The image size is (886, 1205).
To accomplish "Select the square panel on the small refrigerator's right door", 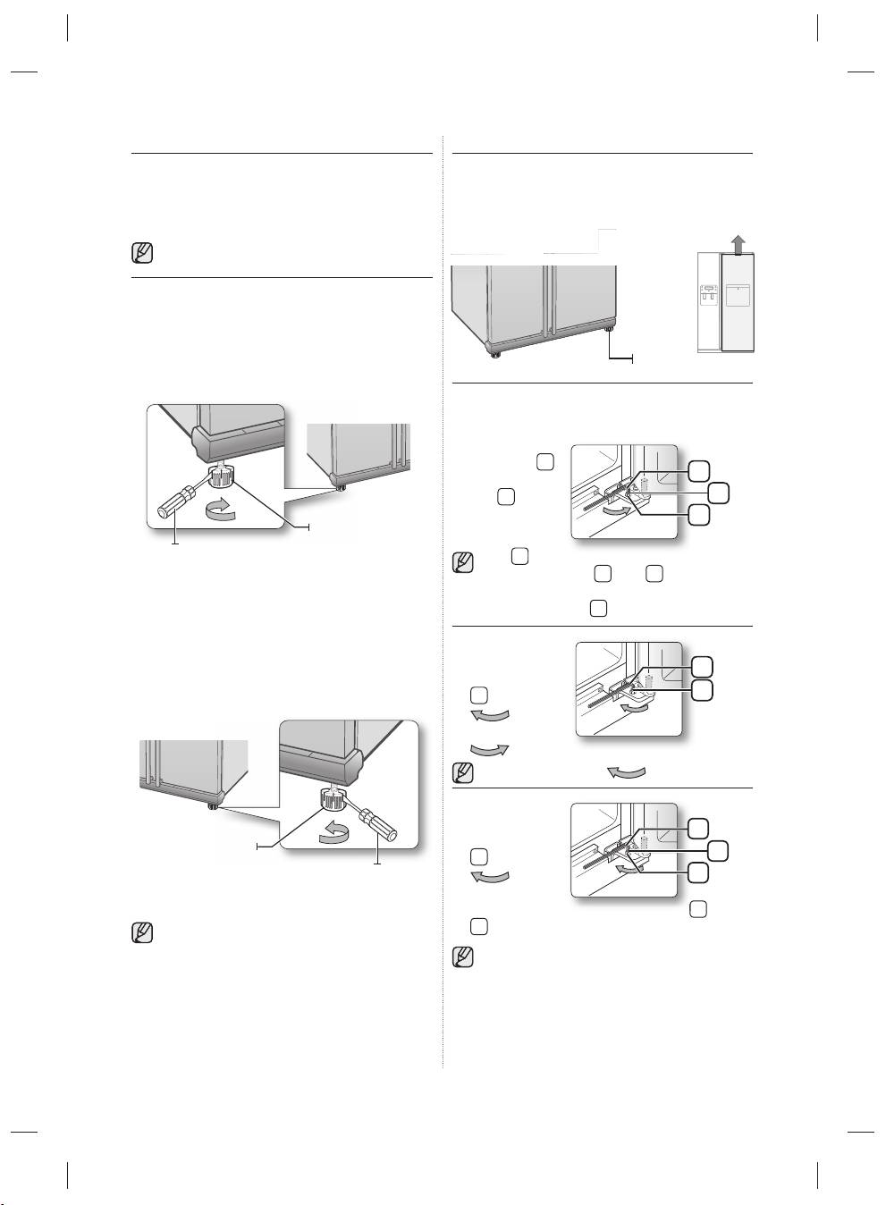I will click(738, 296).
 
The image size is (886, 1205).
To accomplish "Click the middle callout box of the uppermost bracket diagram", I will click(715, 492).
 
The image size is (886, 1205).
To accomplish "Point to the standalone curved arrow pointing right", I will click(490, 747).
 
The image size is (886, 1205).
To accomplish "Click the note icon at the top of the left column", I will click(141, 253).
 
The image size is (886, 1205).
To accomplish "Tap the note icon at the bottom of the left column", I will click(141, 933).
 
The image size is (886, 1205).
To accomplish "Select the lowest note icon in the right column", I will click(462, 957).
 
